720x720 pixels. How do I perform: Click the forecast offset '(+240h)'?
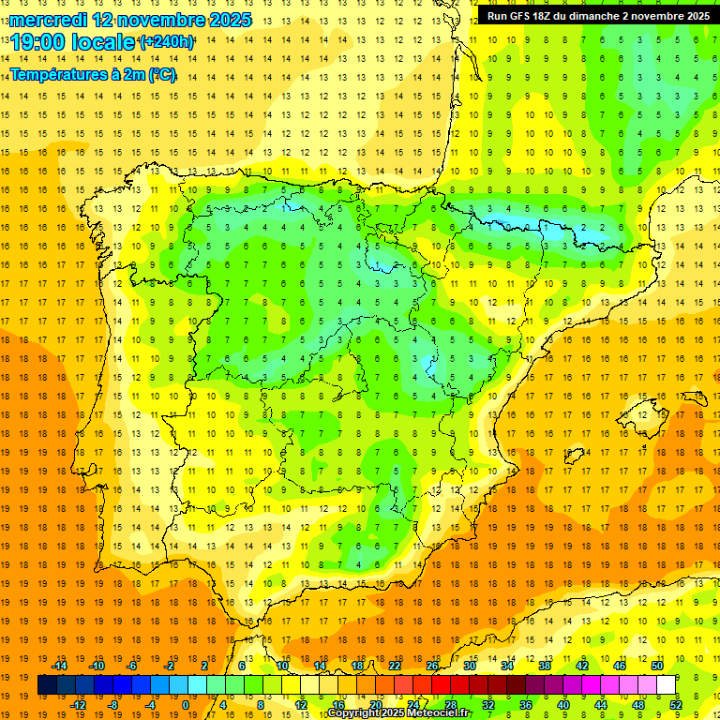166,42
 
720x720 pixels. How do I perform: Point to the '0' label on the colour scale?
186,705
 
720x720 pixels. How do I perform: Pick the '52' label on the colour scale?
676,705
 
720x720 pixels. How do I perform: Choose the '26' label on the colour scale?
432,666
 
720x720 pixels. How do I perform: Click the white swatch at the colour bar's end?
667,685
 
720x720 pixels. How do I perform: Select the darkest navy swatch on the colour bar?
47,685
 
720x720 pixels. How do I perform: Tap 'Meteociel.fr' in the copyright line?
441,713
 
